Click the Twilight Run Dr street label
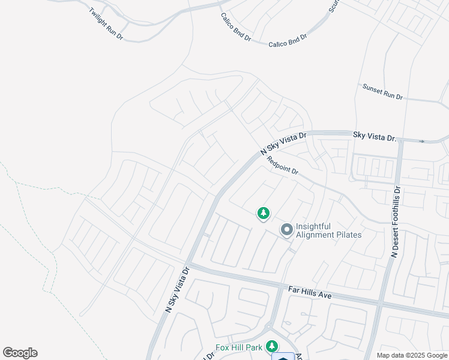[106, 24]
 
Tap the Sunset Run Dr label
[382, 91]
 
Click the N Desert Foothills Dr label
[399, 223]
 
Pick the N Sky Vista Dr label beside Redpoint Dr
[283, 145]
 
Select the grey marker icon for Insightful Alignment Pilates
[286, 229]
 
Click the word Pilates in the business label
[347, 235]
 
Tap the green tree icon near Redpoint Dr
[263, 213]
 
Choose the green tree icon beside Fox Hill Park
[272, 346]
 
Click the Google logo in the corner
[20, 353]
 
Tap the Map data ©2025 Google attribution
[411, 355]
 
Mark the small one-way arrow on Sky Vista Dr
[422, 142]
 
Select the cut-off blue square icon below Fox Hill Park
[283, 356]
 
